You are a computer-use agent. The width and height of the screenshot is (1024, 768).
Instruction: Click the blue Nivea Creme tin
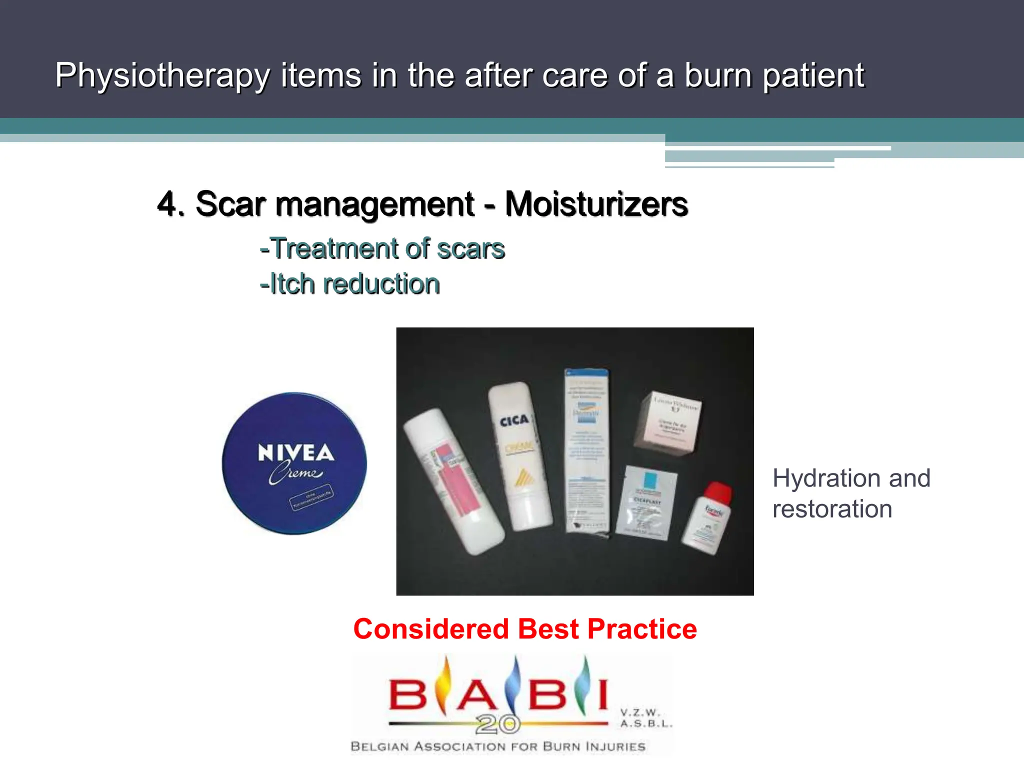click(294, 463)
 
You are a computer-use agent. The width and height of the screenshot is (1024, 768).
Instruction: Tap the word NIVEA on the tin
click(295, 452)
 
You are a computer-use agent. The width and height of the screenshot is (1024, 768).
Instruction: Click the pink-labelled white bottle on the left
click(453, 480)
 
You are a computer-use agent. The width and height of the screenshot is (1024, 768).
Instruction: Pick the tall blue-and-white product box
click(586, 450)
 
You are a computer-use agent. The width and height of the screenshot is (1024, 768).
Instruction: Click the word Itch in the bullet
click(292, 284)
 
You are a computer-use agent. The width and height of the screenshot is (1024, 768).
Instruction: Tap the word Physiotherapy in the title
click(162, 76)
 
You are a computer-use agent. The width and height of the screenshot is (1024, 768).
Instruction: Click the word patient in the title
click(813, 76)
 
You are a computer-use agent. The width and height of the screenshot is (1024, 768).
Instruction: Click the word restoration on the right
click(832, 509)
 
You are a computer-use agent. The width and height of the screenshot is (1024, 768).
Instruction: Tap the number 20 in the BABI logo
click(497, 723)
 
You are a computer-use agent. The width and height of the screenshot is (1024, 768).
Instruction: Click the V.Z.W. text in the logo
click(640, 712)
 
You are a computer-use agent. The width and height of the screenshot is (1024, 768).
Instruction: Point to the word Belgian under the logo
click(379, 746)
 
